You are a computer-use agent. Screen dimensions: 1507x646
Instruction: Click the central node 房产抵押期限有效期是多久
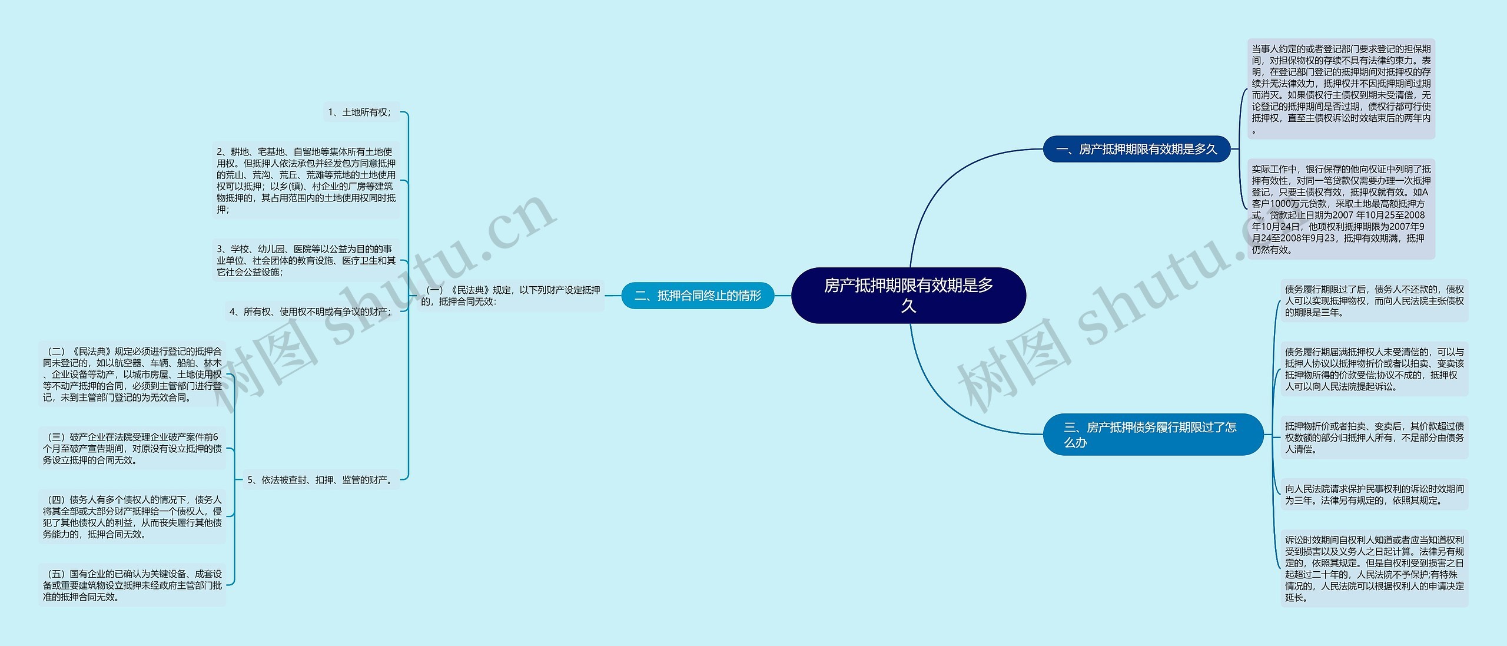coord(908,295)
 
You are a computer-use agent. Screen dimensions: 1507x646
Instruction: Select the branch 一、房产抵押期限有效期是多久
coord(1136,149)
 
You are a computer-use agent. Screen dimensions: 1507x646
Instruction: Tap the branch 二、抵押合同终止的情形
coord(698,296)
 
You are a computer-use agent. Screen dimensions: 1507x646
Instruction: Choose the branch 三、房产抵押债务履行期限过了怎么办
coord(1153,435)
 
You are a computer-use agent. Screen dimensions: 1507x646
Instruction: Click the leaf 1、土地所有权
coord(360,112)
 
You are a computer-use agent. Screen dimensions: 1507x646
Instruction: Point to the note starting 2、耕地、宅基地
coord(306,180)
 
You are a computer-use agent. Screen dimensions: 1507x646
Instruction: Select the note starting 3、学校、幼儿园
coord(306,260)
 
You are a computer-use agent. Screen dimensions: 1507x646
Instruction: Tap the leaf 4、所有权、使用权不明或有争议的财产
coord(310,312)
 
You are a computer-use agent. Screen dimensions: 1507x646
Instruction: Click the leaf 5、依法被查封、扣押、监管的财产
coord(321,480)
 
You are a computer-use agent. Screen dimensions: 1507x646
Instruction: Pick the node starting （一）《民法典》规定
coord(511,296)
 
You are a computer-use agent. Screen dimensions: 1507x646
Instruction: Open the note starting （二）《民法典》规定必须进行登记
coord(132,374)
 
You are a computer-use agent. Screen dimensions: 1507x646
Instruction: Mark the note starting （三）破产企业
coord(132,448)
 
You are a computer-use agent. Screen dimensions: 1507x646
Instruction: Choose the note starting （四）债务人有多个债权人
coord(132,516)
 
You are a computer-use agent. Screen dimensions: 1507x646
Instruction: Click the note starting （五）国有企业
coord(132,585)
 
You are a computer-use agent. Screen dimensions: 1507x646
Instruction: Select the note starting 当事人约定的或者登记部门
coord(1341,90)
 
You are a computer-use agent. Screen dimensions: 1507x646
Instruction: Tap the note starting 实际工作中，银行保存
coord(1341,209)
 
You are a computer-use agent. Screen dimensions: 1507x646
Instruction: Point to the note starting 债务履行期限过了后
coord(1374,301)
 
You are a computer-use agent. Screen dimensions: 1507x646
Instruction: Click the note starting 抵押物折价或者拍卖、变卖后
coord(1374,438)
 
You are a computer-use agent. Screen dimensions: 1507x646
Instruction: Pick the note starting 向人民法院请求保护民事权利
coord(1374,495)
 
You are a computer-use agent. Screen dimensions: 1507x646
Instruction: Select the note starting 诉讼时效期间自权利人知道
coord(1374,568)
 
